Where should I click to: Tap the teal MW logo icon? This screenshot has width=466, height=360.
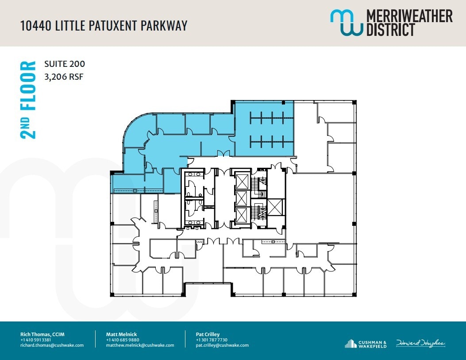(346, 23)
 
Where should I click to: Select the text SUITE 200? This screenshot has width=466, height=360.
(65, 64)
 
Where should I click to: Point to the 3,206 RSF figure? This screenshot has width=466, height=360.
(64, 77)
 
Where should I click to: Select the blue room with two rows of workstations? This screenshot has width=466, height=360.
(265, 128)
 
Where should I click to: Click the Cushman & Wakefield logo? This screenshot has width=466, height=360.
(366, 344)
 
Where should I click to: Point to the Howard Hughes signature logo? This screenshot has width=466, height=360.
(420, 343)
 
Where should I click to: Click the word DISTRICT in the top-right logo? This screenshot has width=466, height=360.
(390, 30)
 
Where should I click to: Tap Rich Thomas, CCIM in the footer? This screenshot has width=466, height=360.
(42, 334)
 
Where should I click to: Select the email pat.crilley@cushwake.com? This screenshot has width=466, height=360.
(222, 345)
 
